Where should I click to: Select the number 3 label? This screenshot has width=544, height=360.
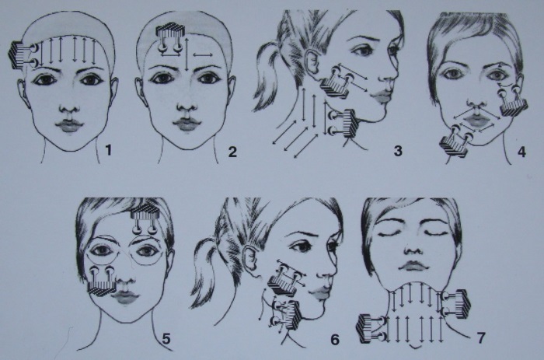[x=397, y=150]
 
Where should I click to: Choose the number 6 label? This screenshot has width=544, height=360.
[x=335, y=340]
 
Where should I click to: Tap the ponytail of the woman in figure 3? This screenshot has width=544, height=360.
[x=268, y=82]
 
